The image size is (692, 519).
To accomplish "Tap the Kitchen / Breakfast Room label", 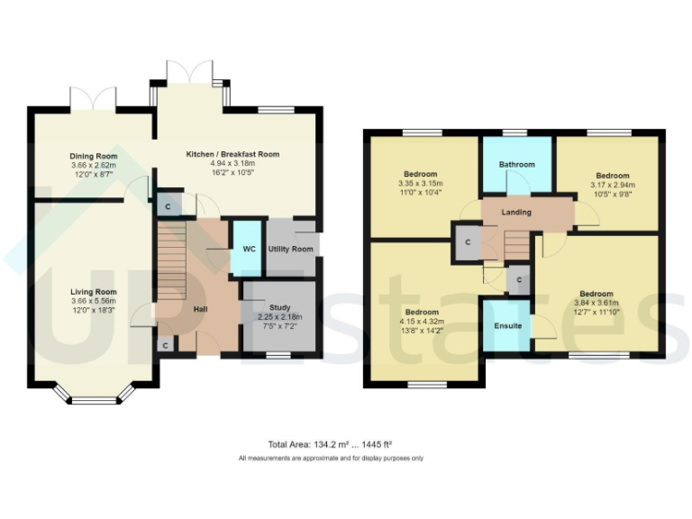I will [232, 154].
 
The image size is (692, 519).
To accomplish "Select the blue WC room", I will [246, 248].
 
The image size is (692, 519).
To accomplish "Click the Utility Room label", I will [291, 249].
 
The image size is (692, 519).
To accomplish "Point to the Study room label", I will [278, 307].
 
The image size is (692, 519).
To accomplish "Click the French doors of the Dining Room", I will [94, 97].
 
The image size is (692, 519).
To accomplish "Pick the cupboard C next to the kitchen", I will [168, 206].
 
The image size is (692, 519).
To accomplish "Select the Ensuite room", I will [507, 324].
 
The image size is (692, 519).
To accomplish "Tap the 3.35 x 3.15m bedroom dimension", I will [421, 183].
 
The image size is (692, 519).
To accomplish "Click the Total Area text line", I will [330, 444].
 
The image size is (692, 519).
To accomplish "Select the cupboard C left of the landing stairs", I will [468, 242].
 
